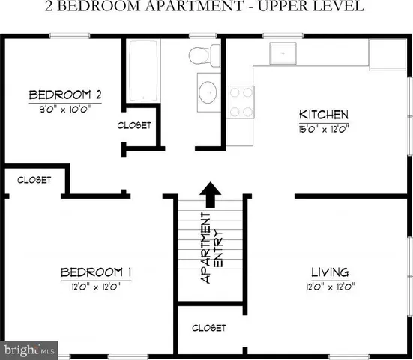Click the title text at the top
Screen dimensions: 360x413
tap(206, 8)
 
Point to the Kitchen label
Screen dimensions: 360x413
tap(324, 115)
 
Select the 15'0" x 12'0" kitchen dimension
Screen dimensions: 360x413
tap(324, 127)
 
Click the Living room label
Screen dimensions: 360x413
tap(330, 271)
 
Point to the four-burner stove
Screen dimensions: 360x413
tap(239, 102)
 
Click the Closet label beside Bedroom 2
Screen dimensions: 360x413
tap(134, 125)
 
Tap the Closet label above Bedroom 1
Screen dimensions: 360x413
tap(34, 180)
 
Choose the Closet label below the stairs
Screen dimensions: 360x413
tap(209, 328)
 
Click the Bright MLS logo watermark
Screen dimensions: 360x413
tap(30, 349)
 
